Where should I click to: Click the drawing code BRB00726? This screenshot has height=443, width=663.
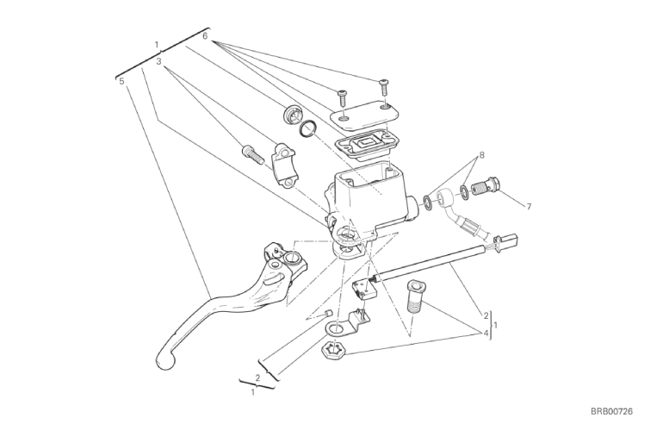pyautogui.click(x=611, y=411)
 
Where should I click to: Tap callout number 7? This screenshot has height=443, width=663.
pyautogui.click(x=529, y=207)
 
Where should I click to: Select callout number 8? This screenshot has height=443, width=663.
pyautogui.click(x=481, y=155)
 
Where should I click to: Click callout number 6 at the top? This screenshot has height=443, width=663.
pyautogui.click(x=205, y=36)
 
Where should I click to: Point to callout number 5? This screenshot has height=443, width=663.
pyautogui.click(x=121, y=81)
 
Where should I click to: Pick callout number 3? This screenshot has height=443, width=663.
pyautogui.click(x=158, y=61)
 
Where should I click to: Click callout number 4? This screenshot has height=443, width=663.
pyautogui.click(x=486, y=334)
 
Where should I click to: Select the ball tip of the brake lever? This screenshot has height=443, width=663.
pyautogui.click(x=165, y=360)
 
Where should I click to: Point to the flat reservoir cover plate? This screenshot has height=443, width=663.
pyautogui.click(x=365, y=115)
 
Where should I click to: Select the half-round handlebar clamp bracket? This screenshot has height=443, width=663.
pyautogui.click(x=283, y=165)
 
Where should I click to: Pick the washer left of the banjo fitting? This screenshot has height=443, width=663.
pyautogui.click(x=428, y=202)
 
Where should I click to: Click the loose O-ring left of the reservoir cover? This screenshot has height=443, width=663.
pyautogui.click(x=308, y=128)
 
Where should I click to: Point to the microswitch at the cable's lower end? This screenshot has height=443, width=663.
pyautogui.click(x=363, y=289)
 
